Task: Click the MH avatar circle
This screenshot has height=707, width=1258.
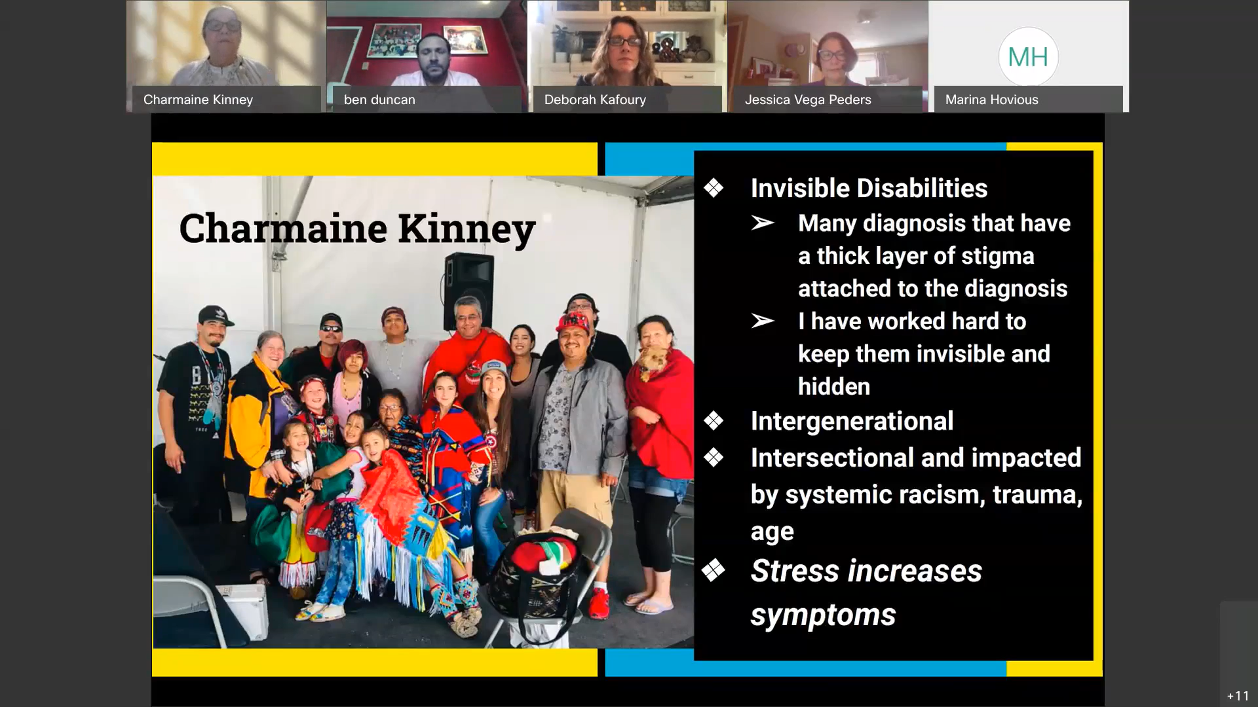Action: (1028, 57)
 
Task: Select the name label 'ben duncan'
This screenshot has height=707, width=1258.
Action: (379, 100)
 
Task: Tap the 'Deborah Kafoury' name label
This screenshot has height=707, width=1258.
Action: (595, 100)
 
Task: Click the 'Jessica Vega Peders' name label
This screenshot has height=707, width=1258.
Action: (808, 100)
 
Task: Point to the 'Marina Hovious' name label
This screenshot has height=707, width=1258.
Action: (991, 100)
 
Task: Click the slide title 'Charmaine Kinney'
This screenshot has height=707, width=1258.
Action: (357, 228)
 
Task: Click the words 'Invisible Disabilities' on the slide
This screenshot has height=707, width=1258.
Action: (869, 188)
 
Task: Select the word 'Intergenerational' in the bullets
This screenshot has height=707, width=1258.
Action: (852, 421)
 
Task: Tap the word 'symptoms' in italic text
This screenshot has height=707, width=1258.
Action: (823, 615)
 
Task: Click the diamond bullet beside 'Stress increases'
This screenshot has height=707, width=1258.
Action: (714, 570)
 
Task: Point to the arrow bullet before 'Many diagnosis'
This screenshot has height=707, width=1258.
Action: (763, 223)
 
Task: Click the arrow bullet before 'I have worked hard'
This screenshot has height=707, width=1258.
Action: (763, 321)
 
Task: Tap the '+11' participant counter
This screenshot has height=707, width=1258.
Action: (1238, 696)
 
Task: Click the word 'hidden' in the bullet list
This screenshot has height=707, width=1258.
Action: (834, 386)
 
